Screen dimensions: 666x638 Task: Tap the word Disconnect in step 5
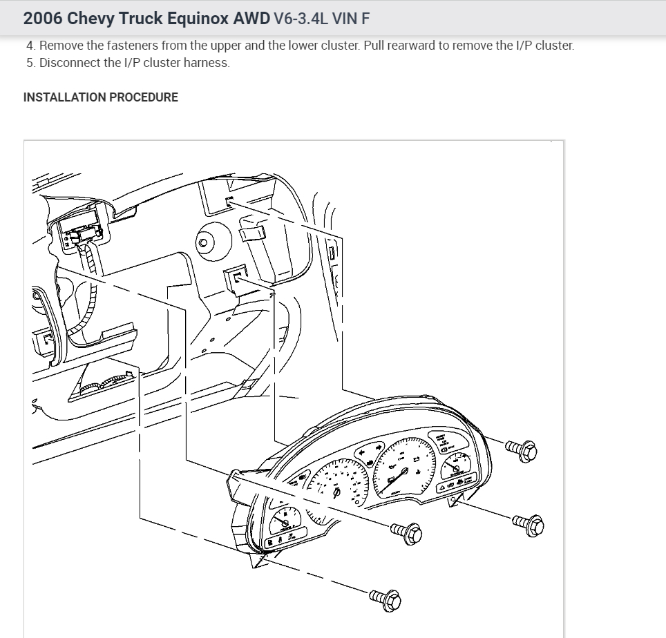(x=70, y=63)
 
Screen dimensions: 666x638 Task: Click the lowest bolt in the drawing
(x=385, y=599)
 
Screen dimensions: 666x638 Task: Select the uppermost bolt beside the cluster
(x=521, y=451)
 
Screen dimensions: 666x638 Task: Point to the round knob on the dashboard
(x=203, y=242)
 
